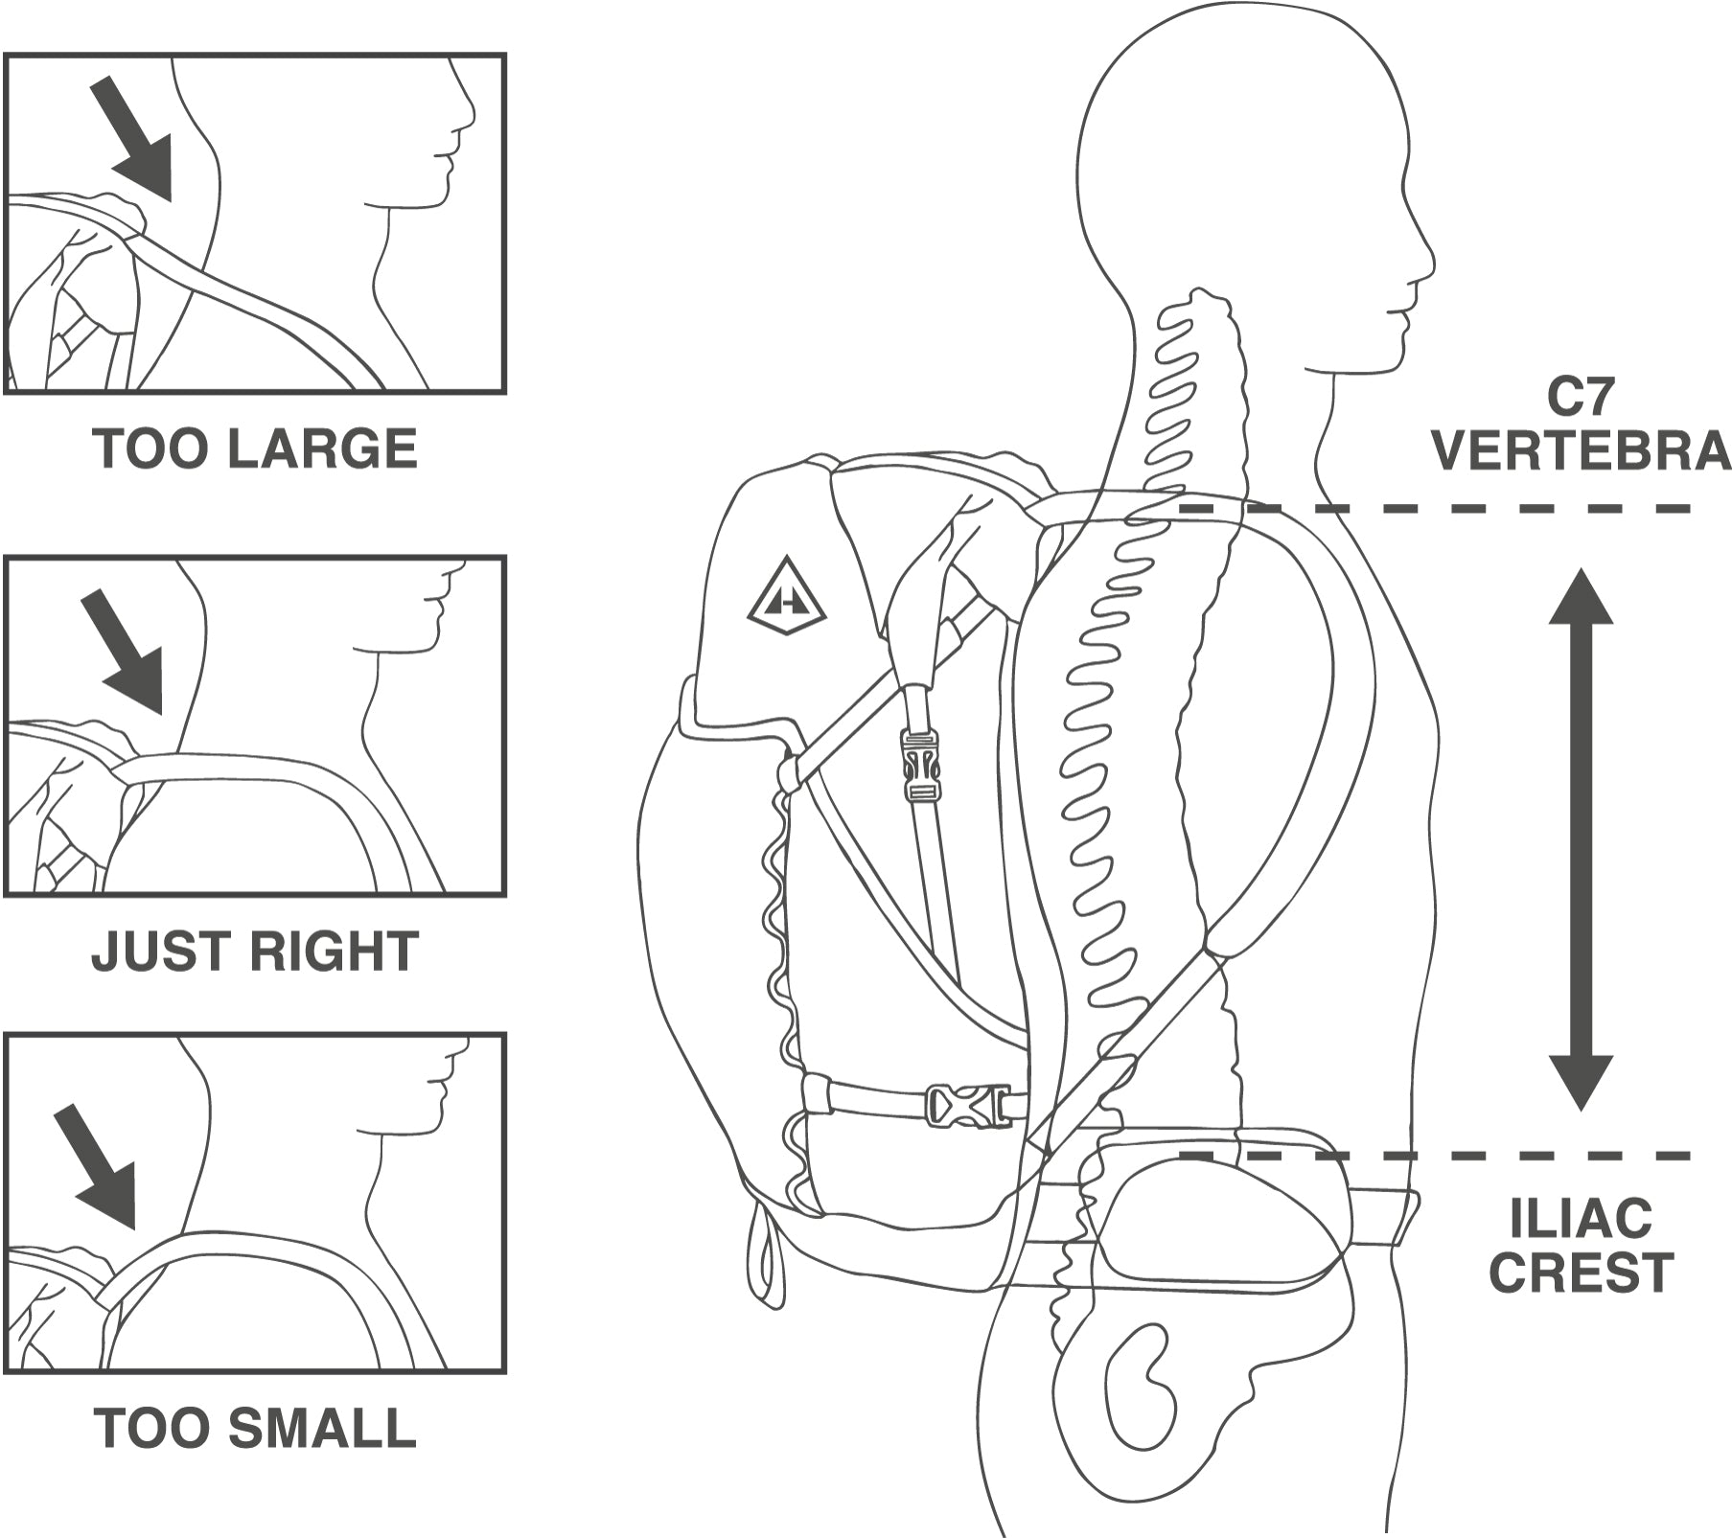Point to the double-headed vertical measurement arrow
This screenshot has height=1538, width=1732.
tap(1581, 838)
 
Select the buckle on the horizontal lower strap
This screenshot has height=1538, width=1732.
tap(967, 1103)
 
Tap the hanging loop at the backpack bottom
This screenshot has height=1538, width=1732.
tap(768, 1255)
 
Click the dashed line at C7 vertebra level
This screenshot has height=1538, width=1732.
tap(1438, 508)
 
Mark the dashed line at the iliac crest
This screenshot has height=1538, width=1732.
tap(1438, 1156)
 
